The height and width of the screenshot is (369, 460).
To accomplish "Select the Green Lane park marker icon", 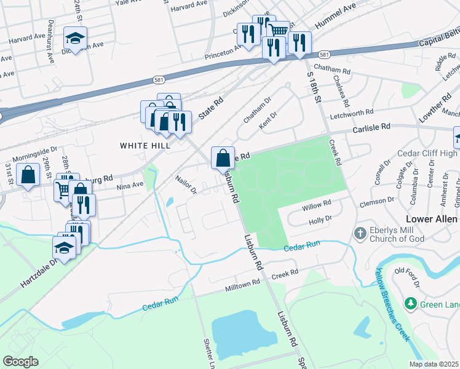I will point(410,303).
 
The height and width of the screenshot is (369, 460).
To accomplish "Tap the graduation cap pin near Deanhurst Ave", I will point(75,39).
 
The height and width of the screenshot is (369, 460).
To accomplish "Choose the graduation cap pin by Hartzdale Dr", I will point(64,248).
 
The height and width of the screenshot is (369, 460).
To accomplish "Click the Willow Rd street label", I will point(316,204).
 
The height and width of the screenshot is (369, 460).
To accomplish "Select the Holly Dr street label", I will point(320,218).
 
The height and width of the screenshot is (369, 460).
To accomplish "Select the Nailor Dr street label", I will point(184,186).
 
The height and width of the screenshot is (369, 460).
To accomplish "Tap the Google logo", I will point(21,362).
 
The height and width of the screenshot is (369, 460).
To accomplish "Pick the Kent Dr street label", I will point(268,120).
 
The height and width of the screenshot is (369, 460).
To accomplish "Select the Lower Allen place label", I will point(433,220).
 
